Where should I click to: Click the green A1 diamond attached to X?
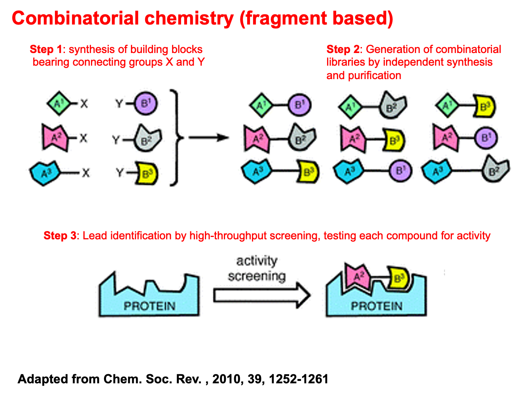pos(59,104)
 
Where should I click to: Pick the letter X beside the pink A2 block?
pos(83,138)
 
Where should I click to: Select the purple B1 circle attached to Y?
pos(146,104)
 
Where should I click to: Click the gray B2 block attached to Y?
pos(147,139)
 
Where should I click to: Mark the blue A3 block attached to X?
pos(45,173)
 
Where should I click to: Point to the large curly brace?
pos(176,138)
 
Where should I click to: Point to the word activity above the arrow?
pos(257,261)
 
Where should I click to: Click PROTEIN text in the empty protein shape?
pos(149,306)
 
